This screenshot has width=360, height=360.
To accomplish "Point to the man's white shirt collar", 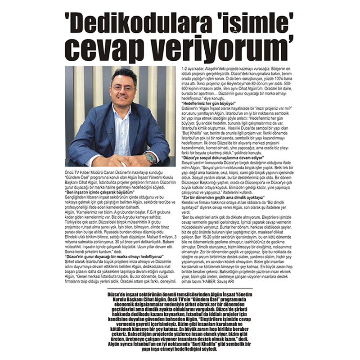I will pos(121,111).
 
